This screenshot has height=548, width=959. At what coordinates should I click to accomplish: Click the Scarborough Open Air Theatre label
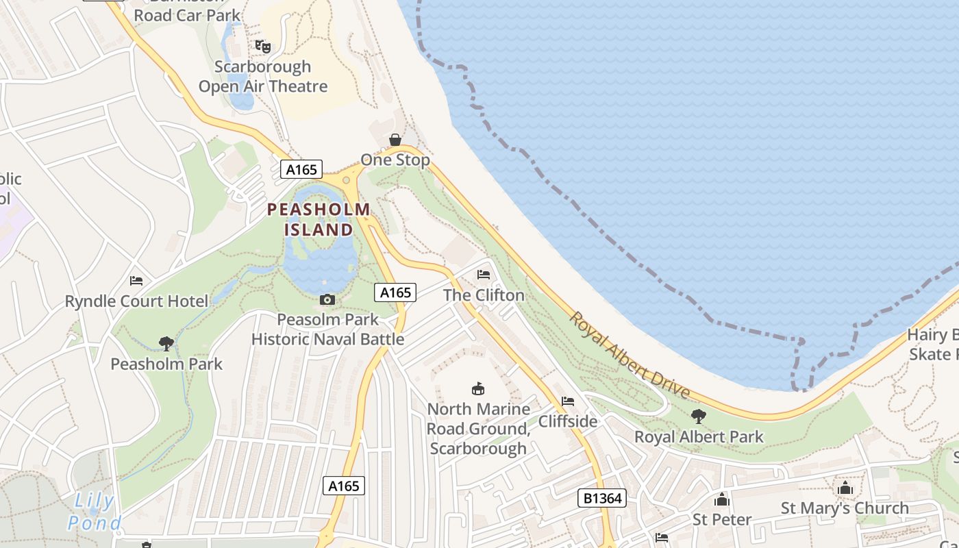[263, 77]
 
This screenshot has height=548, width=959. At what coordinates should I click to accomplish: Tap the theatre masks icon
[263, 47]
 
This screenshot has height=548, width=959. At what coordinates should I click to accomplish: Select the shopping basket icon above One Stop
[395, 140]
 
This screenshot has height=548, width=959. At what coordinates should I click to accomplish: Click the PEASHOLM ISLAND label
[319, 219]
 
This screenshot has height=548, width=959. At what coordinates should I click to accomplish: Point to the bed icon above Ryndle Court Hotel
[136, 281]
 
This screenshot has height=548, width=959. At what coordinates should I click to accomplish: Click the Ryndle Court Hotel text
[136, 301]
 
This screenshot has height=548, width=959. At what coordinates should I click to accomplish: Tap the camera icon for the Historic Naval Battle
[327, 300]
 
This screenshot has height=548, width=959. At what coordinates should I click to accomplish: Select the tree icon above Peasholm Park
[166, 343]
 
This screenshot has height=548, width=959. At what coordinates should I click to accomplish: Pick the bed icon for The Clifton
[484, 275]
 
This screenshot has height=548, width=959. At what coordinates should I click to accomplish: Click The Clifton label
[484, 295]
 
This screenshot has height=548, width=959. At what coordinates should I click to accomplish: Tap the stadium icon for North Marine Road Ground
[478, 389]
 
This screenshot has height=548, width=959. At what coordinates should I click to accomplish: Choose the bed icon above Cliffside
[568, 401]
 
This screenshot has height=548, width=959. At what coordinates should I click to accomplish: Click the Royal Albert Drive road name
[629, 355]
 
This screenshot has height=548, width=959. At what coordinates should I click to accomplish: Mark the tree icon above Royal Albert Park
[699, 416]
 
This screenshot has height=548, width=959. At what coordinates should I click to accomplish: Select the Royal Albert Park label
[699, 437]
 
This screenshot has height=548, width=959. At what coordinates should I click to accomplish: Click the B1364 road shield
[602, 498]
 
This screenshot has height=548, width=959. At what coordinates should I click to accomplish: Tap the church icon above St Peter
[722, 500]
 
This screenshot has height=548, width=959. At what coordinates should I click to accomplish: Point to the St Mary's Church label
[845, 508]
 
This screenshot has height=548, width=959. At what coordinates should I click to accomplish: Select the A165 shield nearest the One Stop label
[301, 169]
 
